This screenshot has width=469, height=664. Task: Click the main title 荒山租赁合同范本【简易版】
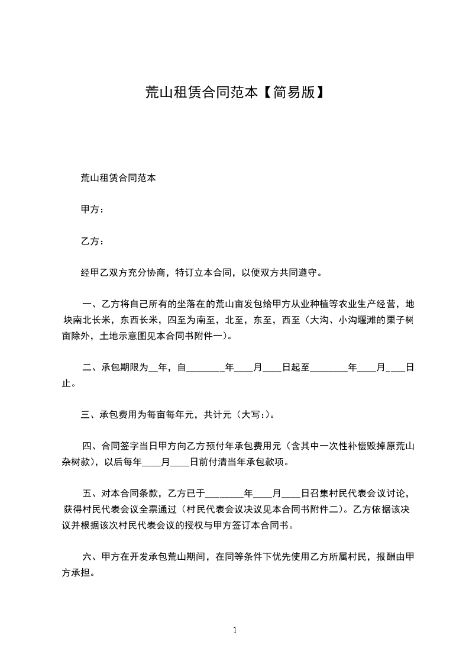pyautogui.click(x=234, y=92)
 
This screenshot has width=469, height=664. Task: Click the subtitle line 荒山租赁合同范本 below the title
pyautogui.click(x=118, y=177)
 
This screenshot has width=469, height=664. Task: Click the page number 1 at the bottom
pyautogui.click(x=235, y=630)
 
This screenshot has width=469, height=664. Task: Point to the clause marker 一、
pyautogui.click(x=91, y=305)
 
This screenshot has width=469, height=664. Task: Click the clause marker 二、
pyautogui.click(x=91, y=368)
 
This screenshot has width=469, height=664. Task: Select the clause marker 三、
pyautogui.click(x=90, y=414)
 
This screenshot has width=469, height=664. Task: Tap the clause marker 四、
pyautogui.click(x=91, y=446)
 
